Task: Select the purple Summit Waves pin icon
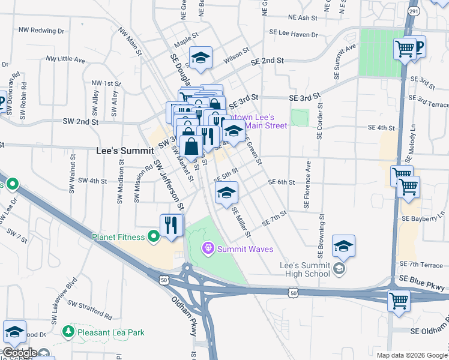pyautogui.click(x=208, y=247)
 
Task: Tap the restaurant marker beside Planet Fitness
pyautogui.click(x=171, y=225)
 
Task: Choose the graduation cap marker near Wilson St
pyautogui.click(x=201, y=57)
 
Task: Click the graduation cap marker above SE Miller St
pyautogui.click(x=226, y=193)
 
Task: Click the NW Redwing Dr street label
pyautogui.click(x=41, y=29)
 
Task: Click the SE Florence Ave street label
pyautogui.click(x=308, y=185)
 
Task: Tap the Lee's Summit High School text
pyautogui.click(x=305, y=269)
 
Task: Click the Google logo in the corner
pyautogui.click(x=19, y=353)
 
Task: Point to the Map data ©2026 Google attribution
pyautogui.click(x=412, y=355)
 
